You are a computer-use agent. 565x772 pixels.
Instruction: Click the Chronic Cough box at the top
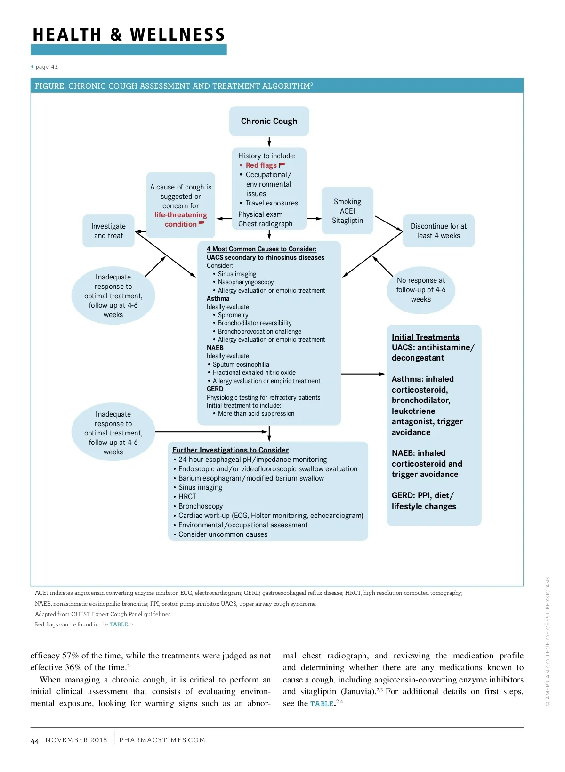pyautogui.click(x=269, y=121)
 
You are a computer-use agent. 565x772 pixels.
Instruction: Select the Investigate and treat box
pyautogui.click(x=108, y=231)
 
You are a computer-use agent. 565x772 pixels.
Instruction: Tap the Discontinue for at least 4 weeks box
pyautogui.click(x=438, y=231)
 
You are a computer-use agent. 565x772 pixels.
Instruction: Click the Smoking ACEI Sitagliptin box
pyautogui.click(x=347, y=211)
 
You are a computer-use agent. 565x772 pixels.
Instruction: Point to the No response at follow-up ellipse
pyautogui.click(x=420, y=289)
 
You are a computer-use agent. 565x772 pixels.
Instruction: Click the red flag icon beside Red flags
pyautogui.click(x=282, y=165)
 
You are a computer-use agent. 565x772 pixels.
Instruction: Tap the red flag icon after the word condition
pyautogui.click(x=202, y=224)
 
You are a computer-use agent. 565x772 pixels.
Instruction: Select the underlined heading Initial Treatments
pyautogui.click(x=425, y=337)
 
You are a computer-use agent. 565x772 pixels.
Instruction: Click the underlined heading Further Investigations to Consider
pyautogui.click(x=230, y=450)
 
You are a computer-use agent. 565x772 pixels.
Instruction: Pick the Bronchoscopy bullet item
pyautogui.click(x=201, y=506)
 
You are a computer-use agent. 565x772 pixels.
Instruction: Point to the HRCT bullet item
pyautogui.click(x=187, y=497)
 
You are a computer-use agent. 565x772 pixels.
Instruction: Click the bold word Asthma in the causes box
pyautogui.click(x=218, y=299)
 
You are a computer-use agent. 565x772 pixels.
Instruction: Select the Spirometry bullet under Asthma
pyautogui.click(x=233, y=315)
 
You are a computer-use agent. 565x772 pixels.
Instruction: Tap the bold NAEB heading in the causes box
pyautogui.click(x=215, y=348)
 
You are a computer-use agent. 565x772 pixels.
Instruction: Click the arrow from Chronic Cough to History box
pyautogui.click(x=269, y=142)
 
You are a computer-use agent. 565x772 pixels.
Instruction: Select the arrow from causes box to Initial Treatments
pyautogui.click(x=363, y=374)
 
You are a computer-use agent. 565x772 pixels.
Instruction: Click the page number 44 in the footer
pyautogui.click(x=35, y=741)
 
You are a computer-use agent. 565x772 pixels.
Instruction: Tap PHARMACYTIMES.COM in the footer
pyautogui.click(x=162, y=740)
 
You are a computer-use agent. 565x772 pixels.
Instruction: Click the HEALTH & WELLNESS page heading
pyautogui.click(x=129, y=35)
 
